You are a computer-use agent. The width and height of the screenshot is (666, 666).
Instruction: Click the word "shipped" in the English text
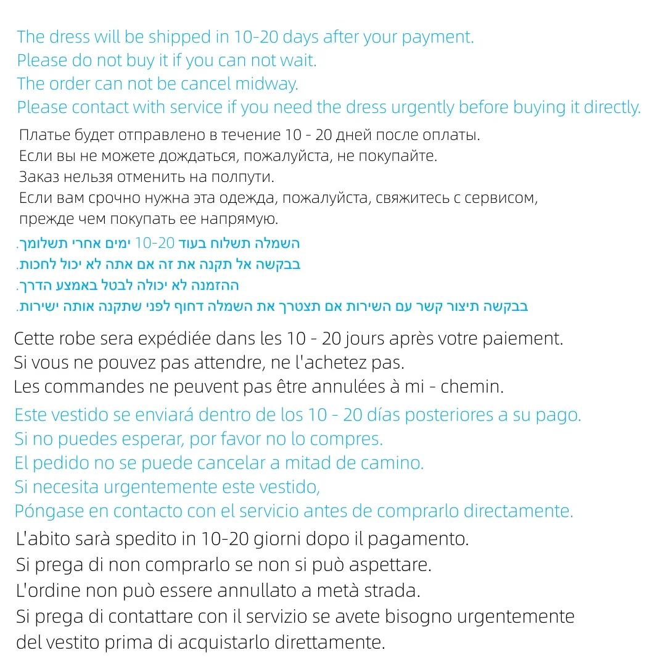(x=179, y=37)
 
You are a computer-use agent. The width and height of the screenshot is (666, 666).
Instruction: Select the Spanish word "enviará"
(x=155, y=415)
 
